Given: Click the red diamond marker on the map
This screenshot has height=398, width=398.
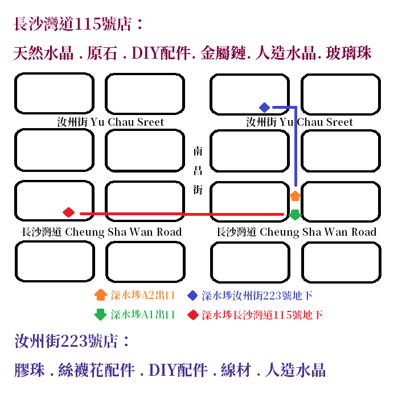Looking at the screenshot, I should point(69,212).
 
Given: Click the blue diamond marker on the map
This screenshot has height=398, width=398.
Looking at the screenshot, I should point(264,107).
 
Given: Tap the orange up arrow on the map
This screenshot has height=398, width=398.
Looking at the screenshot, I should point(295,196).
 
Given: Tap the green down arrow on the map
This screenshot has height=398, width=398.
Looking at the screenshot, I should point(295,215).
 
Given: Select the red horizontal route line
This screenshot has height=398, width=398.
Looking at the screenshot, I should point(182,214).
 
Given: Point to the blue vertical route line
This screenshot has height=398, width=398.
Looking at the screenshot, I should point(296,148).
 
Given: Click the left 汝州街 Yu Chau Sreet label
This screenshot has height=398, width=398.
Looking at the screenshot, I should point(110,122).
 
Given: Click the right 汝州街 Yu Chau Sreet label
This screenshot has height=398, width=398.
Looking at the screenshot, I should point(299,122).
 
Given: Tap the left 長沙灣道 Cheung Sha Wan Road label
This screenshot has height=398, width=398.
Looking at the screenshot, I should point(101,232).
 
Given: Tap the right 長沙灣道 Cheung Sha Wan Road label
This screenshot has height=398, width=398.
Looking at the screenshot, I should point(296,232).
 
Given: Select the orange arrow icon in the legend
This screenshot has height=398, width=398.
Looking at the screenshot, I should point(100,295).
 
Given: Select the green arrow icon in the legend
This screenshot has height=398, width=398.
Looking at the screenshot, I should point(100,314).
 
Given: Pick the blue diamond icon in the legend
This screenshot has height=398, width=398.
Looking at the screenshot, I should point(193,296).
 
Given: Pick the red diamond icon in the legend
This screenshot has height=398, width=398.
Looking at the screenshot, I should point(193,314).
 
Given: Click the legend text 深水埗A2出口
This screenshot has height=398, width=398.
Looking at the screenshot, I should point(142,296).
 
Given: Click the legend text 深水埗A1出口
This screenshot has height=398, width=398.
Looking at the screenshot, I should point(142,314).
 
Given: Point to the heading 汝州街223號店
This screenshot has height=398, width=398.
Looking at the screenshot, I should point(72,342).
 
